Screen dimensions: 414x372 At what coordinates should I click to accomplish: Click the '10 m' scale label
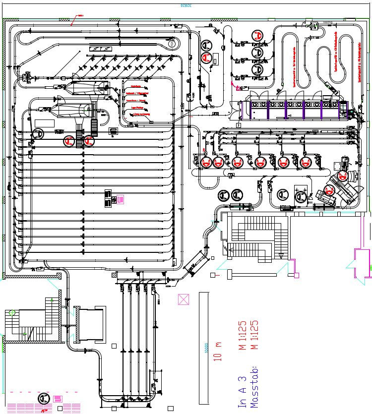pyautogui.click(x=217, y=351)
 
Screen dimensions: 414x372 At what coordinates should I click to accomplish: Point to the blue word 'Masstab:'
pyautogui.click(x=254, y=387)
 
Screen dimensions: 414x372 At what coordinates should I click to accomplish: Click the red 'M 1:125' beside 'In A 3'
pyautogui.click(x=243, y=335)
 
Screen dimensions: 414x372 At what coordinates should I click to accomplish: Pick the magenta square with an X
pyautogui.click(x=184, y=299)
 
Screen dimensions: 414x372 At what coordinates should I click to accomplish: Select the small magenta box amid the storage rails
pyautogui.click(x=120, y=199)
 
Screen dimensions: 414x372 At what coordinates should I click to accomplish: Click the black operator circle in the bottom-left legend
pyautogui.click(x=44, y=399)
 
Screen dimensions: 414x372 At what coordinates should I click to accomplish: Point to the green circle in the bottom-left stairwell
pyautogui.click(x=12, y=312)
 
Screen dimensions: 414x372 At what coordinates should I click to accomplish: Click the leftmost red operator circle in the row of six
pyautogui.click(x=206, y=162)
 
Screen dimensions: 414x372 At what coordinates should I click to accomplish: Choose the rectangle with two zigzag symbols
pyautogui.click(x=99, y=48)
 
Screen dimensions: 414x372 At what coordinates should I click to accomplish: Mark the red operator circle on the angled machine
pyautogui.click(x=329, y=189)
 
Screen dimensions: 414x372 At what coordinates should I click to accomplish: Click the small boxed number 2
pyautogui.click(x=238, y=126)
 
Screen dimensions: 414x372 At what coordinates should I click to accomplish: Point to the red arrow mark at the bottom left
pyautogui.click(x=45, y=411)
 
